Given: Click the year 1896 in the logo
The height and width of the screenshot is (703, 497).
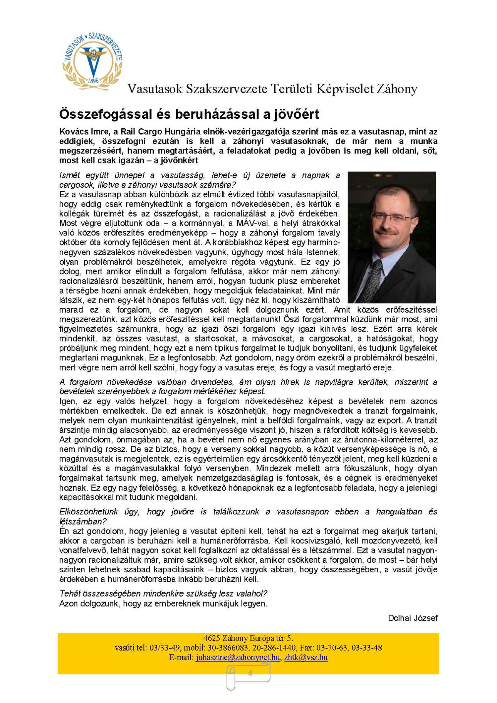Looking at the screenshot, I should (93, 81).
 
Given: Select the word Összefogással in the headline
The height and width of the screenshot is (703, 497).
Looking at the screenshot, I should (106, 114).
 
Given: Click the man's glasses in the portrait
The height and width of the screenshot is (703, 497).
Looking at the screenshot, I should (393, 218).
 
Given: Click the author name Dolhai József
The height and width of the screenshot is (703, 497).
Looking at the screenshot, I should (413, 618).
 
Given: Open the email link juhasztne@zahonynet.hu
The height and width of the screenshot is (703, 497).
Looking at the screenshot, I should (238, 657).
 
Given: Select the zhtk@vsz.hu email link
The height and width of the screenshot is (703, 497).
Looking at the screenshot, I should (306, 657).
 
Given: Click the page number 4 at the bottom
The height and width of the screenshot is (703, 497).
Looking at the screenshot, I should (250, 673).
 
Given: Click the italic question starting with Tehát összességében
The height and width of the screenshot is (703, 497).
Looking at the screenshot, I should (163, 594).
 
